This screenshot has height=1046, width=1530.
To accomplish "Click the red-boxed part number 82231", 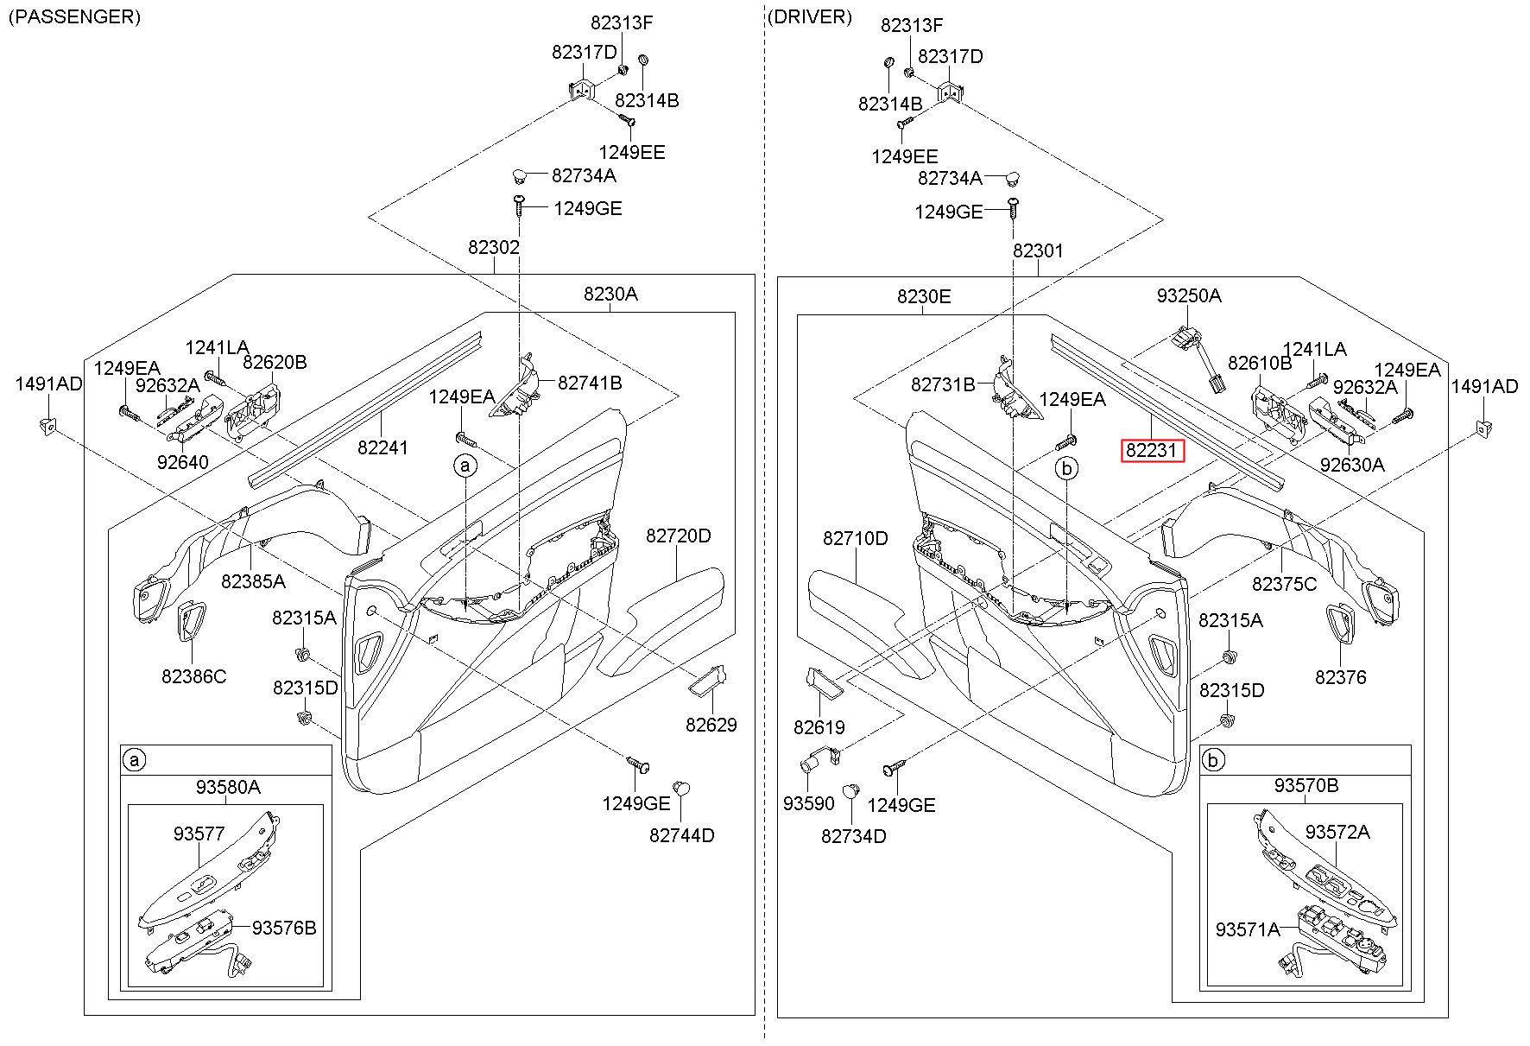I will click(x=1152, y=451).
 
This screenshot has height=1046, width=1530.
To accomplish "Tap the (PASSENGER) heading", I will click(x=74, y=16).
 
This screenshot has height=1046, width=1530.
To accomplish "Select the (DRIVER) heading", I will click(x=809, y=16).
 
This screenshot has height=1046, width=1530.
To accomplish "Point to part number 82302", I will click(x=494, y=248).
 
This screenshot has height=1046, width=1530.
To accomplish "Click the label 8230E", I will click(x=924, y=297).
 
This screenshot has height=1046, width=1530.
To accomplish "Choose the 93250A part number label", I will click(x=1189, y=296).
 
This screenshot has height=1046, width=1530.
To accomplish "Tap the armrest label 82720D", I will click(x=679, y=536).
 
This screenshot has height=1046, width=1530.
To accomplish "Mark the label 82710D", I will click(x=855, y=539).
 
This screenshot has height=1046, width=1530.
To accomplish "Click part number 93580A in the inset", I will click(x=228, y=787).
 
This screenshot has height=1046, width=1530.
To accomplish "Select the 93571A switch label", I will click(x=1248, y=929).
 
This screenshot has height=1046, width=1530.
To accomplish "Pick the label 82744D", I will click(x=682, y=836).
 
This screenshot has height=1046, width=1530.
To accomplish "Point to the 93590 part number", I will click(x=809, y=804).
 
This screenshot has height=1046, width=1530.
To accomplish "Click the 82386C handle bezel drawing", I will click(x=188, y=623).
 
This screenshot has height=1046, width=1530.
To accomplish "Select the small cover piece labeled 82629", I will click(x=708, y=681).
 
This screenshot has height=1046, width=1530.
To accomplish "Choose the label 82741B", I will click(x=590, y=383).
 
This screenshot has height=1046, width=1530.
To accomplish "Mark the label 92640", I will click(x=183, y=462).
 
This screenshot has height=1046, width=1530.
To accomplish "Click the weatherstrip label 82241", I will click(x=383, y=447).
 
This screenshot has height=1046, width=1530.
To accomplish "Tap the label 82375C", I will click(x=1285, y=585).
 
